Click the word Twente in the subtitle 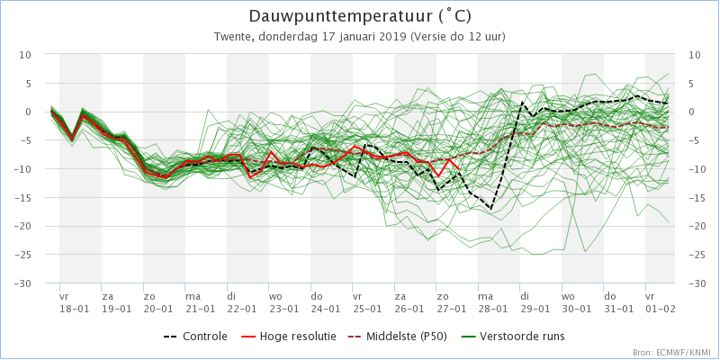tap(233, 37)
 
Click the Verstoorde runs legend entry tap(524, 337)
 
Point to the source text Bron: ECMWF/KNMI tap(671, 353)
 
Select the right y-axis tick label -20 tap(697, 227)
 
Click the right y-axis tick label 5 tap(692, 84)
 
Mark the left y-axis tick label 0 tap(28, 112)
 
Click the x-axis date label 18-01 tap(74, 308)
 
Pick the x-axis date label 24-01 tap(325, 308)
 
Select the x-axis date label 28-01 tap(493, 308)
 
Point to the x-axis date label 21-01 tap(200, 308)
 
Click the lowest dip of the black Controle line tap(490, 210)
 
